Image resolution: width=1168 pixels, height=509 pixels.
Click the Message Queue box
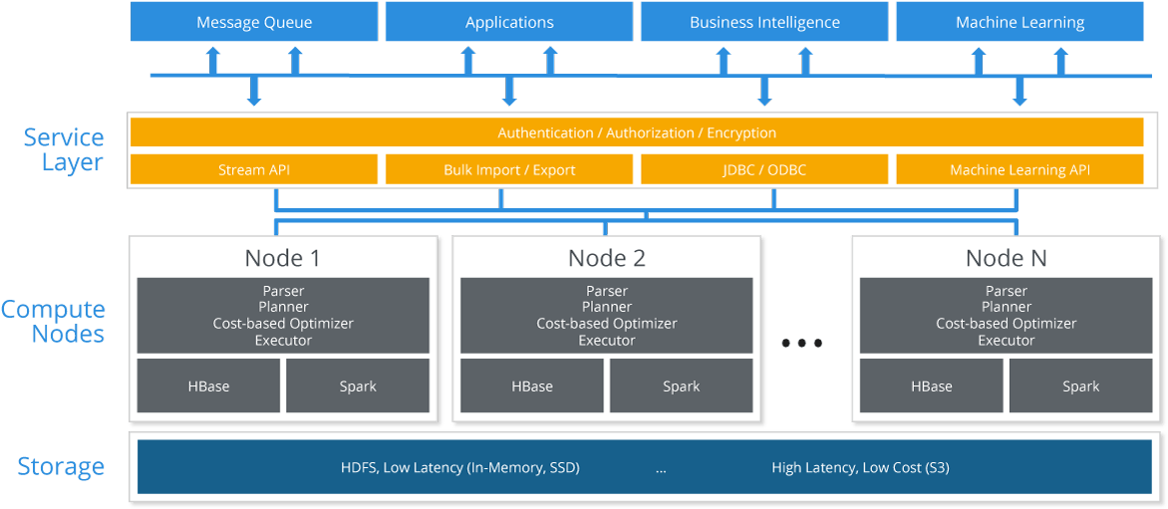[x=254, y=22]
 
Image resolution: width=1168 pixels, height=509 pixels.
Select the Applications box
[x=509, y=22]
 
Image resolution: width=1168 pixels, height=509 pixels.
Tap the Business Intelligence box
[x=764, y=22]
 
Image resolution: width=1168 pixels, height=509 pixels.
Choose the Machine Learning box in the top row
[x=1020, y=22]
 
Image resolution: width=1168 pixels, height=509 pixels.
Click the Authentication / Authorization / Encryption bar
[x=637, y=132]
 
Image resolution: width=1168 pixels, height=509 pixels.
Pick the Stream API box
[x=254, y=169]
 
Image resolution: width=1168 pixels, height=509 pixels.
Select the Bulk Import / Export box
[x=509, y=169]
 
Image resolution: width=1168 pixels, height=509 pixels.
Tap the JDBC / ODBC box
[x=764, y=169]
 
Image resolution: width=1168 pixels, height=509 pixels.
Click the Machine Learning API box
[x=1020, y=169]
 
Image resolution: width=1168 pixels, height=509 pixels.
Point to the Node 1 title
[x=282, y=258]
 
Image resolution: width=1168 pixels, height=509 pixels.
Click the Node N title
[x=1006, y=258]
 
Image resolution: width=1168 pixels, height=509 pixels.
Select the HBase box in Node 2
[x=532, y=386]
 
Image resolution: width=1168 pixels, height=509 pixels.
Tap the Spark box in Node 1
[x=358, y=386]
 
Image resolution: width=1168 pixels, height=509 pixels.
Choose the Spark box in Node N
[x=1081, y=386]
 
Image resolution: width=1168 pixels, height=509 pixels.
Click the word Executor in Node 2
[x=606, y=341]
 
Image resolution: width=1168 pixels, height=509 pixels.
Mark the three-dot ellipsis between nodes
[x=801, y=343]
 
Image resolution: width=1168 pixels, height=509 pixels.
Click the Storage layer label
[x=61, y=466]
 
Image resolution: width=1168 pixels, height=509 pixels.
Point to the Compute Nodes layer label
[x=53, y=322]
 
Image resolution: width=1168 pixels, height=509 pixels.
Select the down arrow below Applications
[x=509, y=90]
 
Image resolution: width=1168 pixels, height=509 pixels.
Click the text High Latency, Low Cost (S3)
[x=860, y=468]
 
